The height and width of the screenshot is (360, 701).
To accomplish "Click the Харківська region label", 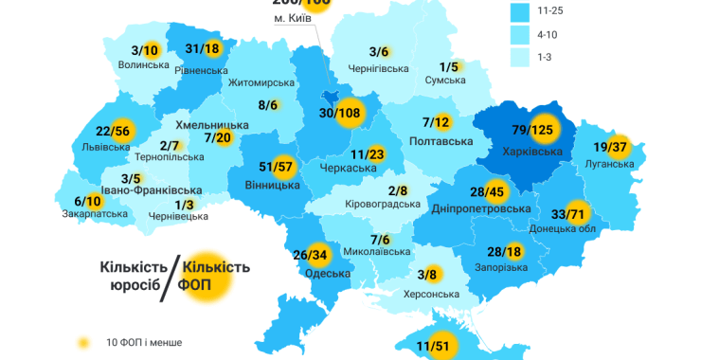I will (533, 152).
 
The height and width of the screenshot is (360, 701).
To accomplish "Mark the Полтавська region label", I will (440, 141).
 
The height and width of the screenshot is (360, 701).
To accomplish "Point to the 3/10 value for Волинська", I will (145, 50).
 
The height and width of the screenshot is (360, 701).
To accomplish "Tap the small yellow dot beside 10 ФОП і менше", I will (83, 342).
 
